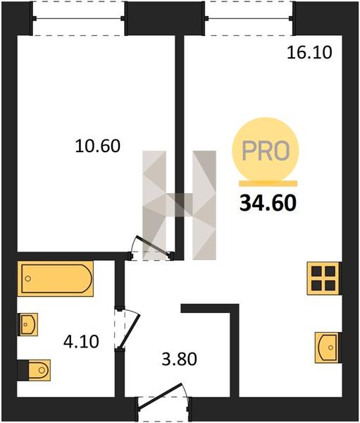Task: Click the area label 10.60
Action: (x=98, y=146)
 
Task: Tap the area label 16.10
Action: (x=309, y=53)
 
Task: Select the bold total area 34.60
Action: (x=268, y=203)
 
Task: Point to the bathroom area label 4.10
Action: (x=81, y=342)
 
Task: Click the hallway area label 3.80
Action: (x=180, y=360)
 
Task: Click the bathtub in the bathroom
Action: (x=55, y=278)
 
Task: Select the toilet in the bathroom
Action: (x=34, y=370)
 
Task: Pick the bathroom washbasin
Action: (x=27, y=324)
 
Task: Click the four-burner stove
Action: (x=323, y=278)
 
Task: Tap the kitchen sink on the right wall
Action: (x=328, y=347)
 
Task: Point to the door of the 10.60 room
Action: (x=154, y=246)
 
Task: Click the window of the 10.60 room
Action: (x=78, y=18)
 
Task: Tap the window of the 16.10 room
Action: (x=249, y=18)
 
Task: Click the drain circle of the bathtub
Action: (x=27, y=278)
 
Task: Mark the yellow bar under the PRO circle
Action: (x=268, y=183)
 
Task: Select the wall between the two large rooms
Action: (x=180, y=147)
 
